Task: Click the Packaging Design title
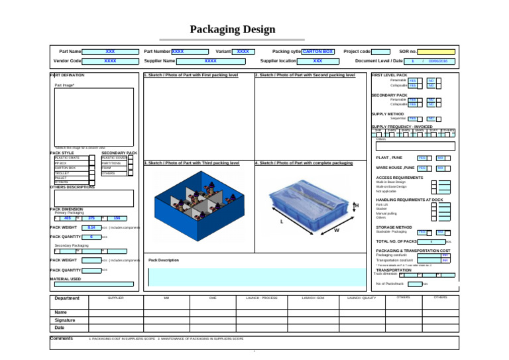tap(233, 29)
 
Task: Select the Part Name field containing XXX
tap(110, 51)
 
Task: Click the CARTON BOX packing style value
tap(317, 51)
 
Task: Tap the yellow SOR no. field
tap(436, 51)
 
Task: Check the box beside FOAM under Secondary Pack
tap(131, 168)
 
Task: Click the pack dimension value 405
tap(68, 217)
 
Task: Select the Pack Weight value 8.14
tap(91, 227)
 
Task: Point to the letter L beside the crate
tap(283, 221)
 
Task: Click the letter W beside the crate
tap(337, 230)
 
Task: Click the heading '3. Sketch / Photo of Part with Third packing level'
tap(192, 162)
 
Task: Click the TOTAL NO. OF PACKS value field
tap(431, 241)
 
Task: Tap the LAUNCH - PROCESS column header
tap(261, 298)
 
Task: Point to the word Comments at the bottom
tap(62, 338)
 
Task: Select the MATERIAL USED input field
tap(95, 284)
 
